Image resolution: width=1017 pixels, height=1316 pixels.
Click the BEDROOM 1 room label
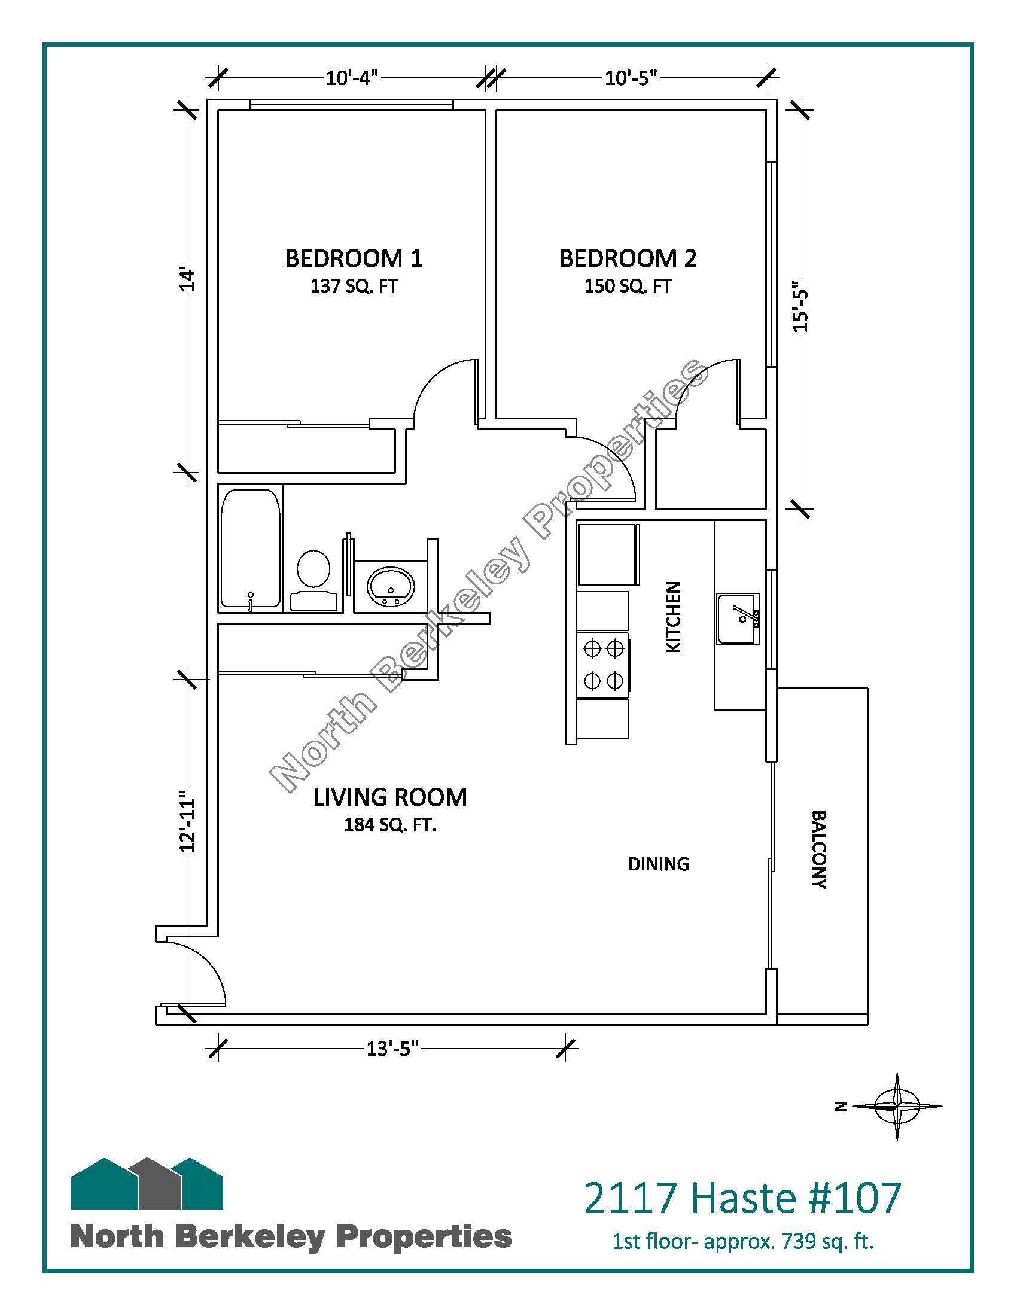coord(354,258)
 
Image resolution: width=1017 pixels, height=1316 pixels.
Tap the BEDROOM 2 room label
coord(628,258)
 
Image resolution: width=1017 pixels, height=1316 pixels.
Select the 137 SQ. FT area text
coord(354,285)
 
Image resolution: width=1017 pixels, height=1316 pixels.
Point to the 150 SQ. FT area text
coord(628,285)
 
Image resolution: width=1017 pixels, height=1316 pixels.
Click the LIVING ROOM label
coord(390,797)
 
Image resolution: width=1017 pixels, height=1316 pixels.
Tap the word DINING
coord(659,864)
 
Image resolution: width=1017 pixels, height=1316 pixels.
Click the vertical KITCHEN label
coord(673,616)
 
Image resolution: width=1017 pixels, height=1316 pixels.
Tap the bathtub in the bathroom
coord(251,549)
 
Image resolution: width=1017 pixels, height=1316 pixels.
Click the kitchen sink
coord(739,619)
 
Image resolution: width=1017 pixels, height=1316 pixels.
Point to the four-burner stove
coord(603,665)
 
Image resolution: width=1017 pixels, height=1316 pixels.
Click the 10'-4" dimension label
coord(352,78)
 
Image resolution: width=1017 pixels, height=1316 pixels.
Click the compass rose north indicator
coord(897,1106)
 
